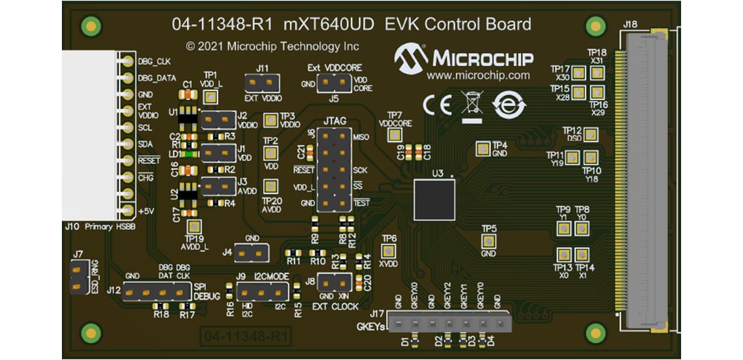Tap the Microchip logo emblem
coord(411,59)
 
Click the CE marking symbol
coord(437,105)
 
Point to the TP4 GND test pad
coord(483,147)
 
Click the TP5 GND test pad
coord(488,240)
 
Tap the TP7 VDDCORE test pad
coord(394,135)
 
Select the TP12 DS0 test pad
coord(590,134)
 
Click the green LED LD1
coord(187,153)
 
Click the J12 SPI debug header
coord(155,292)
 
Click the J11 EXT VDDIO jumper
coord(262,83)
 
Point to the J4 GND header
coord(250,253)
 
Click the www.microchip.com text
coord(478,75)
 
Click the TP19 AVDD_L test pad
coord(195,226)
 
